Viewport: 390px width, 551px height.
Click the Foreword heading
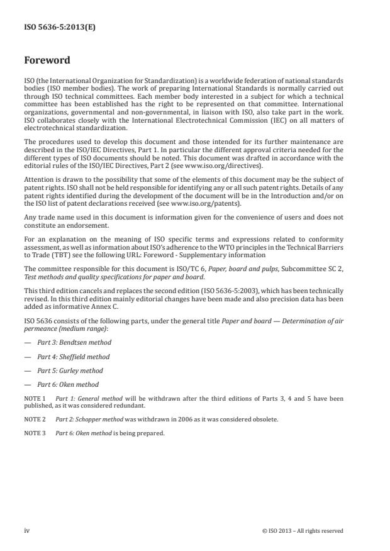point(48,62)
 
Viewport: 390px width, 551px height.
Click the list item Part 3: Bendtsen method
point(74,342)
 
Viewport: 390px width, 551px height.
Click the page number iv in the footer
point(27,531)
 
